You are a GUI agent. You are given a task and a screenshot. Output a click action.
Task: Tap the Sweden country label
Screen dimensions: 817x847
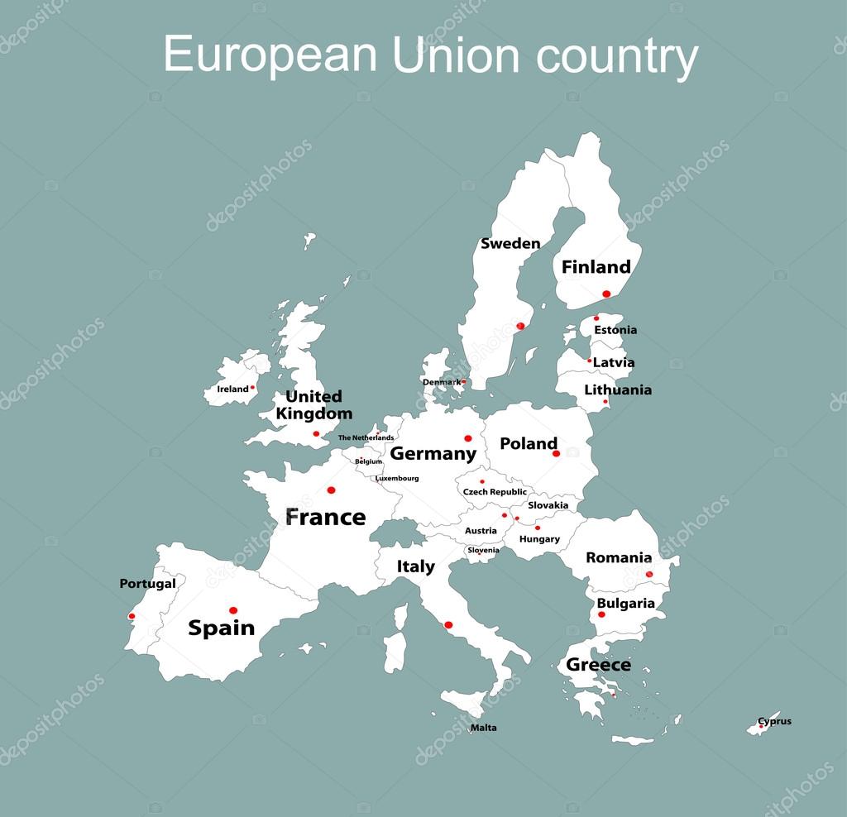click(510, 243)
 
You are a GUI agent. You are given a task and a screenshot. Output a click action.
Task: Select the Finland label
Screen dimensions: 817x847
click(596, 267)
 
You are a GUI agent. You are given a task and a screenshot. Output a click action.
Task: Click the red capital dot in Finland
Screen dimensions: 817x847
click(606, 294)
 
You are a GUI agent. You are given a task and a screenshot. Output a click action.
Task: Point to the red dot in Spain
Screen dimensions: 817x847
click(233, 610)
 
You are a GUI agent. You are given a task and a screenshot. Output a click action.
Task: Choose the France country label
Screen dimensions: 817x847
click(325, 518)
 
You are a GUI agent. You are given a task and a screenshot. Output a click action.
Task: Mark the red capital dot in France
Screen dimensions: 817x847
click(331, 490)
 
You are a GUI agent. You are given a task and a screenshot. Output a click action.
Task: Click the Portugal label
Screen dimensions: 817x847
click(147, 584)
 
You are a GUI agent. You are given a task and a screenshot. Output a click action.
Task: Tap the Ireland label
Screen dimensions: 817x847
click(232, 389)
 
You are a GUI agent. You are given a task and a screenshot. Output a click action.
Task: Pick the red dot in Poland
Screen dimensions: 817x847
click(556, 453)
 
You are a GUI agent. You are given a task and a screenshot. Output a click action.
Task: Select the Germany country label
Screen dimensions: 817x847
click(433, 453)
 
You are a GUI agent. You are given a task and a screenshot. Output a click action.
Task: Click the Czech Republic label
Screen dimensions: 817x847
click(495, 492)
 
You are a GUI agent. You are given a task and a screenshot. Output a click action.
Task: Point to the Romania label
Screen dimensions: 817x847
click(619, 558)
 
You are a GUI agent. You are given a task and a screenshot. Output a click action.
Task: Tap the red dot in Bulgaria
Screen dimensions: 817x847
click(601, 614)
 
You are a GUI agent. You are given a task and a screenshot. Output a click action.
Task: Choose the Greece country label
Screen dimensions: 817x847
click(598, 665)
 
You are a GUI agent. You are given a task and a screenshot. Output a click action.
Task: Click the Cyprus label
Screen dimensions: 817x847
click(775, 721)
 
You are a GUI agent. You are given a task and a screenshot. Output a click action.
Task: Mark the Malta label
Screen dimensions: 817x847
click(484, 728)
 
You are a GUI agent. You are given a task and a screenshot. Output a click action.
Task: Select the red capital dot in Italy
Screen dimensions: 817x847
click(448, 624)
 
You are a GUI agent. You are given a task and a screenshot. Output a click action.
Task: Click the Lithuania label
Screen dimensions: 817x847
click(618, 389)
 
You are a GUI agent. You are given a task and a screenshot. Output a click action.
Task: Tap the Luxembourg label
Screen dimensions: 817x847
click(397, 478)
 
